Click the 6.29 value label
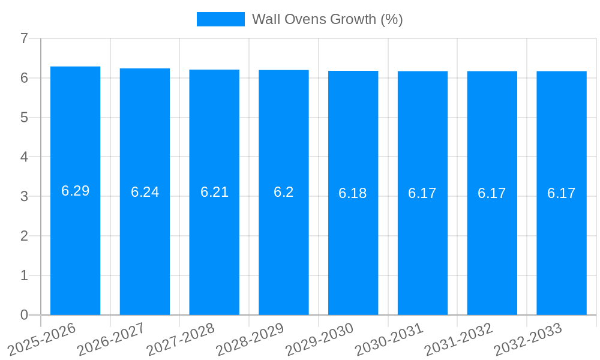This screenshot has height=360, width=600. [x=75, y=191]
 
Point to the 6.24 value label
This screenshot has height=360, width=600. [x=145, y=192]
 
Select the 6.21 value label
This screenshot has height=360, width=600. [x=214, y=192]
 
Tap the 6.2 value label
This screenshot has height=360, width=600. [x=284, y=192]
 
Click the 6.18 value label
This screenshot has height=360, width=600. [x=353, y=193]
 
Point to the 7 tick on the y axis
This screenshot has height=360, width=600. [x=24, y=38]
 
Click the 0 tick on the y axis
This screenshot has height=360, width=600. [x=24, y=315]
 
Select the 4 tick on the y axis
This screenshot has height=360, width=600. [x=24, y=157]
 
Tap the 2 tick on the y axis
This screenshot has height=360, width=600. [x=24, y=236]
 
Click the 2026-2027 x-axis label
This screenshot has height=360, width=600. [x=111, y=339]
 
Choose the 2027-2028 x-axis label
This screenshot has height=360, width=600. [x=181, y=339]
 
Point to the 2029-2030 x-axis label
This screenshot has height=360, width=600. [x=319, y=339]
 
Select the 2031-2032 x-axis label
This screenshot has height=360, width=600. [x=458, y=339]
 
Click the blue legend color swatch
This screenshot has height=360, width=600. [x=220, y=19]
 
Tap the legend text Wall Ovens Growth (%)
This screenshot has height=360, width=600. [x=327, y=19]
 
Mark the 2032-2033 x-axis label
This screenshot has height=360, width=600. [x=528, y=339]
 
